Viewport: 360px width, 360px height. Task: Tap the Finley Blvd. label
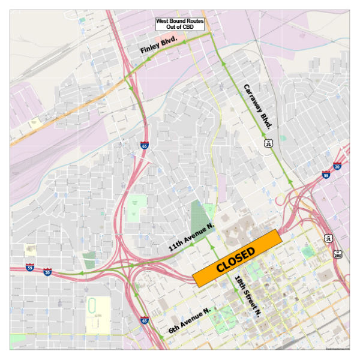click(x=159, y=46)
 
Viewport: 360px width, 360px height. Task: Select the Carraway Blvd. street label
click(x=259, y=107)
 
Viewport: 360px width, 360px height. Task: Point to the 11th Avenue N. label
click(x=191, y=238)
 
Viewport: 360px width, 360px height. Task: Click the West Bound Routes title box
click(x=180, y=25)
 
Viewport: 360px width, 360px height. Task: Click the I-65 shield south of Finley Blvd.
click(x=145, y=145)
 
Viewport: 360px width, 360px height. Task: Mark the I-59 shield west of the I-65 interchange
click(x=30, y=267)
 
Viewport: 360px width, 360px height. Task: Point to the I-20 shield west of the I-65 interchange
click(x=47, y=272)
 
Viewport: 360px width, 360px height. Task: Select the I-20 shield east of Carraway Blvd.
click(x=337, y=166)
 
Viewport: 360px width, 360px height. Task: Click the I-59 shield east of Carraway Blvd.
click(x=326, y=175)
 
